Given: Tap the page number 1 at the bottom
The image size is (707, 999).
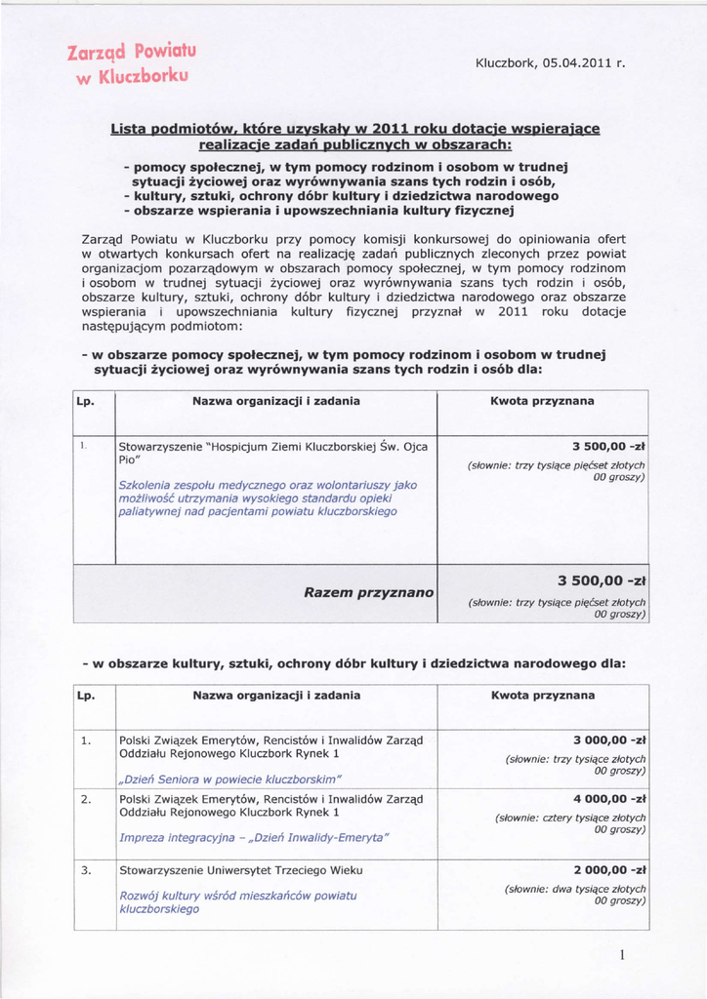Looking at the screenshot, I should tap(621, 955).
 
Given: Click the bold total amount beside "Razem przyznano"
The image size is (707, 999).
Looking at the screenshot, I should tap(603, 581).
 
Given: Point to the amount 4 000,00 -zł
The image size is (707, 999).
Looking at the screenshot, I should tap(609, 798).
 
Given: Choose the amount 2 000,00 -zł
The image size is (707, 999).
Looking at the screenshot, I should tap(609, 869).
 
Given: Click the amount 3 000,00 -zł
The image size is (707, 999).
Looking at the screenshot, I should tap(609, 739).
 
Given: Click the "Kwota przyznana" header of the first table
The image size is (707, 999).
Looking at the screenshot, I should tap(542, 401).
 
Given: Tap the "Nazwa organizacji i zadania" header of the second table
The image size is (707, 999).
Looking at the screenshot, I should tap(276, 696).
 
